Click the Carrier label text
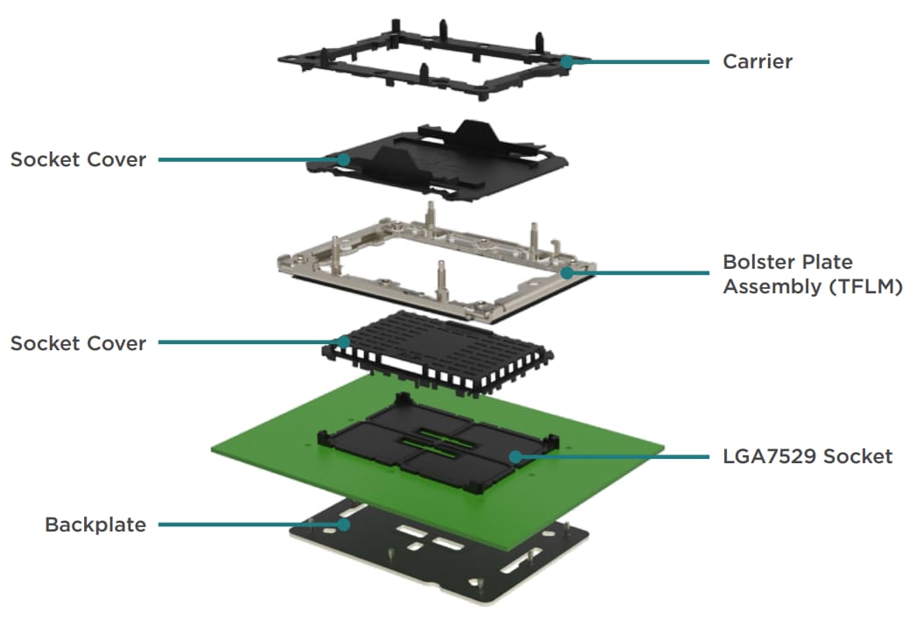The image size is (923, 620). coord(757,61)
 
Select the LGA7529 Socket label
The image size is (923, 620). coord(807,456)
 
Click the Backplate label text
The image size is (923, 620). coord(95,525)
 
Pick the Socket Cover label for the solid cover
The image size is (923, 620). coord(78,159)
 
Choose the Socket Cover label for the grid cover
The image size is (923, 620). coord(78,342)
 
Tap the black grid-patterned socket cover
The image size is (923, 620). coord(438,346)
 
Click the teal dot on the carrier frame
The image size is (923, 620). coord(567,61)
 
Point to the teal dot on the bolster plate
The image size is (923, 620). coord(567,272)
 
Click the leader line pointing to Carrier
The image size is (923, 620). coord(639,61)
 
